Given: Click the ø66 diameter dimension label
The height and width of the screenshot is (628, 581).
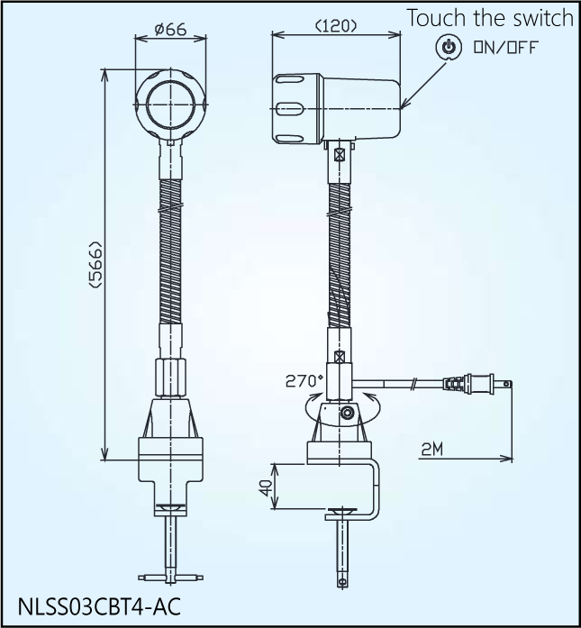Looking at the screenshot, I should coord(170,29).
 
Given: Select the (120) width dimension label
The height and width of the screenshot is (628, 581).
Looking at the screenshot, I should coord(336,26).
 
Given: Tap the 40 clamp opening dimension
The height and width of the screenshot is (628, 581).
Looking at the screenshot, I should coord(264,486).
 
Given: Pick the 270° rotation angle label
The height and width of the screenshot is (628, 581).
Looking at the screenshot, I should coord(304,380).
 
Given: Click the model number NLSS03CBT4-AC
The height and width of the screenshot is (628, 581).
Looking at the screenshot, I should coord(98,605).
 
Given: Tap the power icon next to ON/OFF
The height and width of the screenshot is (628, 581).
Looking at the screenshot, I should coord(448,47).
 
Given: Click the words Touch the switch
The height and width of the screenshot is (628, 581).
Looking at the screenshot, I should coord(489,18).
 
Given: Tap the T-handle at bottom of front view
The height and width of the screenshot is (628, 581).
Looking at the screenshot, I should coord(170,576).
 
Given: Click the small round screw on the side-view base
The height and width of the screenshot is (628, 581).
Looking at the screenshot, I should coord(348,414).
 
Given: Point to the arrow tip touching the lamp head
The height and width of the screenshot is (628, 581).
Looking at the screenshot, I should coord(404,105).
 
